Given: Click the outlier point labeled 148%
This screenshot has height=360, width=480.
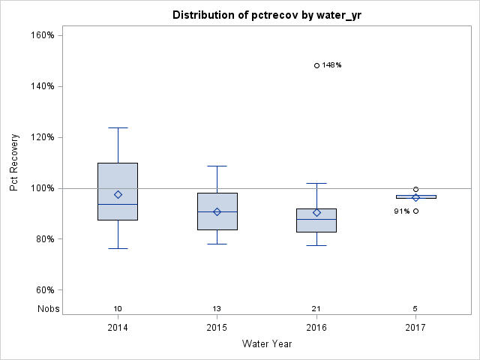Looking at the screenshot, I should [316, 65].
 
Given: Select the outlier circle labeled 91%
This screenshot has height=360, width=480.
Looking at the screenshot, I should [415, 211].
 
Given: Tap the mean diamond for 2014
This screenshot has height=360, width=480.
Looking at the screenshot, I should [118, 194].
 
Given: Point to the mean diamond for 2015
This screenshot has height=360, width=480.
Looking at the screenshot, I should [217, 211].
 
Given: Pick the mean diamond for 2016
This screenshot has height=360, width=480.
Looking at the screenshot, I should [316, 212].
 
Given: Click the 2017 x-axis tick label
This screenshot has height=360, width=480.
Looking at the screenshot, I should [415, 328].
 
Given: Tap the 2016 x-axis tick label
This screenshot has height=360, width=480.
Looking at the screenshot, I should [316, 328].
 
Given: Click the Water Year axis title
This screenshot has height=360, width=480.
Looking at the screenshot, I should [267, 344].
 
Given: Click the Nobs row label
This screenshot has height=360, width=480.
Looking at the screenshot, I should [49, 309].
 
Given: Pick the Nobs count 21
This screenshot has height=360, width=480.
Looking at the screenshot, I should [316, 309].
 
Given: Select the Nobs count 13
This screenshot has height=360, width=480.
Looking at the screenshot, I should [217, 309].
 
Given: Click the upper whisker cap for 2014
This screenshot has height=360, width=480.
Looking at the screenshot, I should [118, 127].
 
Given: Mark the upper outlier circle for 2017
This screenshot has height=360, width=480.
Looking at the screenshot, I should [415, 190].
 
